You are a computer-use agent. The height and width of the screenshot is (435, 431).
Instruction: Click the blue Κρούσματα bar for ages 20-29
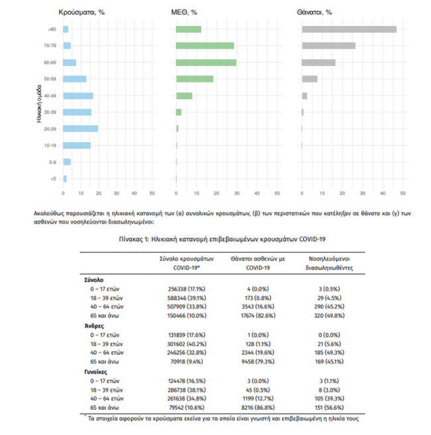click(x=80, y=128)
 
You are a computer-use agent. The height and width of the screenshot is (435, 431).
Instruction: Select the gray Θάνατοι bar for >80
click(x=349, y=29)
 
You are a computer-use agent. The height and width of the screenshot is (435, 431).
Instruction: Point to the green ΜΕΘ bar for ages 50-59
click(x=195, y=79)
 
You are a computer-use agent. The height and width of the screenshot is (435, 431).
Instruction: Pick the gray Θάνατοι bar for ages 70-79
click(x=328, y=46)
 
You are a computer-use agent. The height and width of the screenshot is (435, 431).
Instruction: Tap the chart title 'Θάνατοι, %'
click(x=316, y=12)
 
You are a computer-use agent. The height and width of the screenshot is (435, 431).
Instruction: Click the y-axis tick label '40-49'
click(x=50, y=96)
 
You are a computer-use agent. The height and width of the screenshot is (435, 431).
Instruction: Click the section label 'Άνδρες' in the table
click(x=92, y=327)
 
